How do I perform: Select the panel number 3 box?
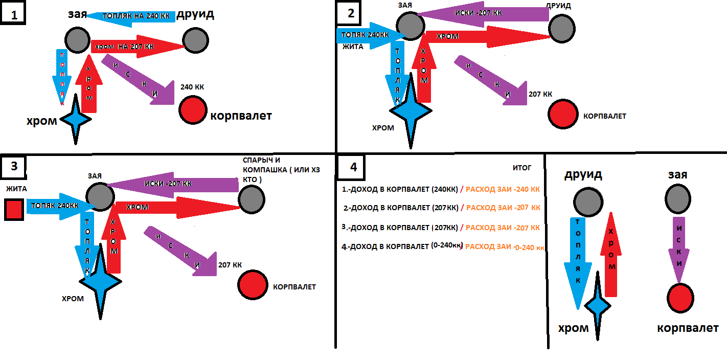15,166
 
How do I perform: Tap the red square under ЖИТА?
14,210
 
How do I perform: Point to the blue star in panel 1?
76,119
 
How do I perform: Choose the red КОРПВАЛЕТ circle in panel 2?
562,114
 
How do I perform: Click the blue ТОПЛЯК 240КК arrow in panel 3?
56,206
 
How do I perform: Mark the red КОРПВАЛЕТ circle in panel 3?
253,284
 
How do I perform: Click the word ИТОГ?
522,167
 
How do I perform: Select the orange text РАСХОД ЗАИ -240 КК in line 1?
503,189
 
